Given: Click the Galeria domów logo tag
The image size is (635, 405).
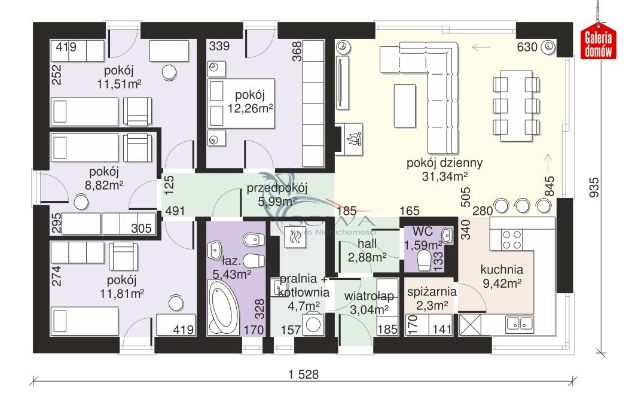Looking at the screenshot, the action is click(x=598, y=44).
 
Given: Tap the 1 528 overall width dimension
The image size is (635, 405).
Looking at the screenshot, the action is click(x=303, y=374).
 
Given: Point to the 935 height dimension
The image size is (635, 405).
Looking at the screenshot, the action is click(x=594, y=187).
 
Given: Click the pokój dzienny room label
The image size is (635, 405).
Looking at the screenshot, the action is click(x=444, y=163).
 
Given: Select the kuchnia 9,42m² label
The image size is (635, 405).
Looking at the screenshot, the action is click(x=502, y=276).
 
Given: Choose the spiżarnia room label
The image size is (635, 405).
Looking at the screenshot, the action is click(x=432, y=292).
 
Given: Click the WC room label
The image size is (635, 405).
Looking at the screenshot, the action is click(x=422, y=232).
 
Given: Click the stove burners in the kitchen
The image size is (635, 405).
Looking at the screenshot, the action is click(x=511, y=239).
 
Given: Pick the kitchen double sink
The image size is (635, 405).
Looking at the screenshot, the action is click(x=520, y=323).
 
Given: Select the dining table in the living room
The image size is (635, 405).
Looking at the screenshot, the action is click(x=516, y=106).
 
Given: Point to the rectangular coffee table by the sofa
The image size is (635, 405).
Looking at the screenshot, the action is click(x=405, y=106).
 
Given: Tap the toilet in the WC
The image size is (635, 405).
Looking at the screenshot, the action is click(x=424, y=260).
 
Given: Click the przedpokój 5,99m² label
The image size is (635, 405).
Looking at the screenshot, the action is click(x=277, y=194).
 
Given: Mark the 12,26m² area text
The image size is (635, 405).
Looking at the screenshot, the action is click(x=250, y=108).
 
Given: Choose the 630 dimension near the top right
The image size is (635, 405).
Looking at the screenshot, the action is click(x=527, y=47).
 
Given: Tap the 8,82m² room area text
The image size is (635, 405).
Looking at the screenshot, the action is click(x=103, y=185).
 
